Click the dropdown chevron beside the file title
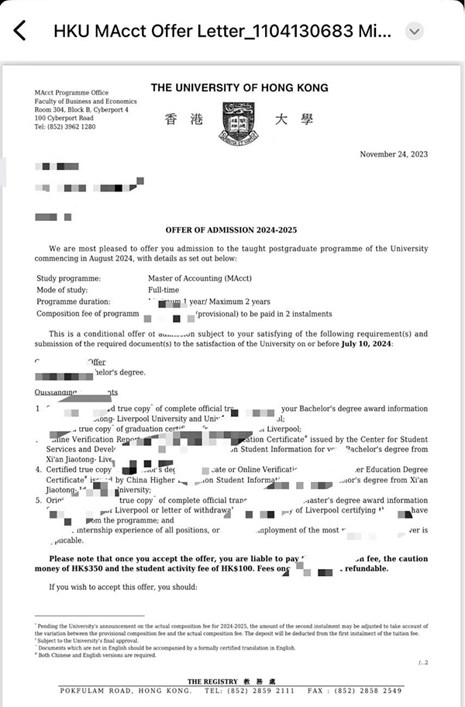click(x=415, y=31)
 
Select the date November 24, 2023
click(x=394, y=154)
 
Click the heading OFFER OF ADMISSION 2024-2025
click(x=231, y=229)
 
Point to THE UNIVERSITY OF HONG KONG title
click(x=239, y=88)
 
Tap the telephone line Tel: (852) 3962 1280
click(x=65, y=126)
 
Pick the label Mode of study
click(x=64, y=289)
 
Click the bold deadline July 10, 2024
click(x=366, y=343)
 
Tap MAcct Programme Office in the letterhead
click(x=71, y=92)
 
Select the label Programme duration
click(x=73, y=302)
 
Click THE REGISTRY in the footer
click(x=212, y=681)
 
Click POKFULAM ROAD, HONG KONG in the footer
click(x=126, y=690)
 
